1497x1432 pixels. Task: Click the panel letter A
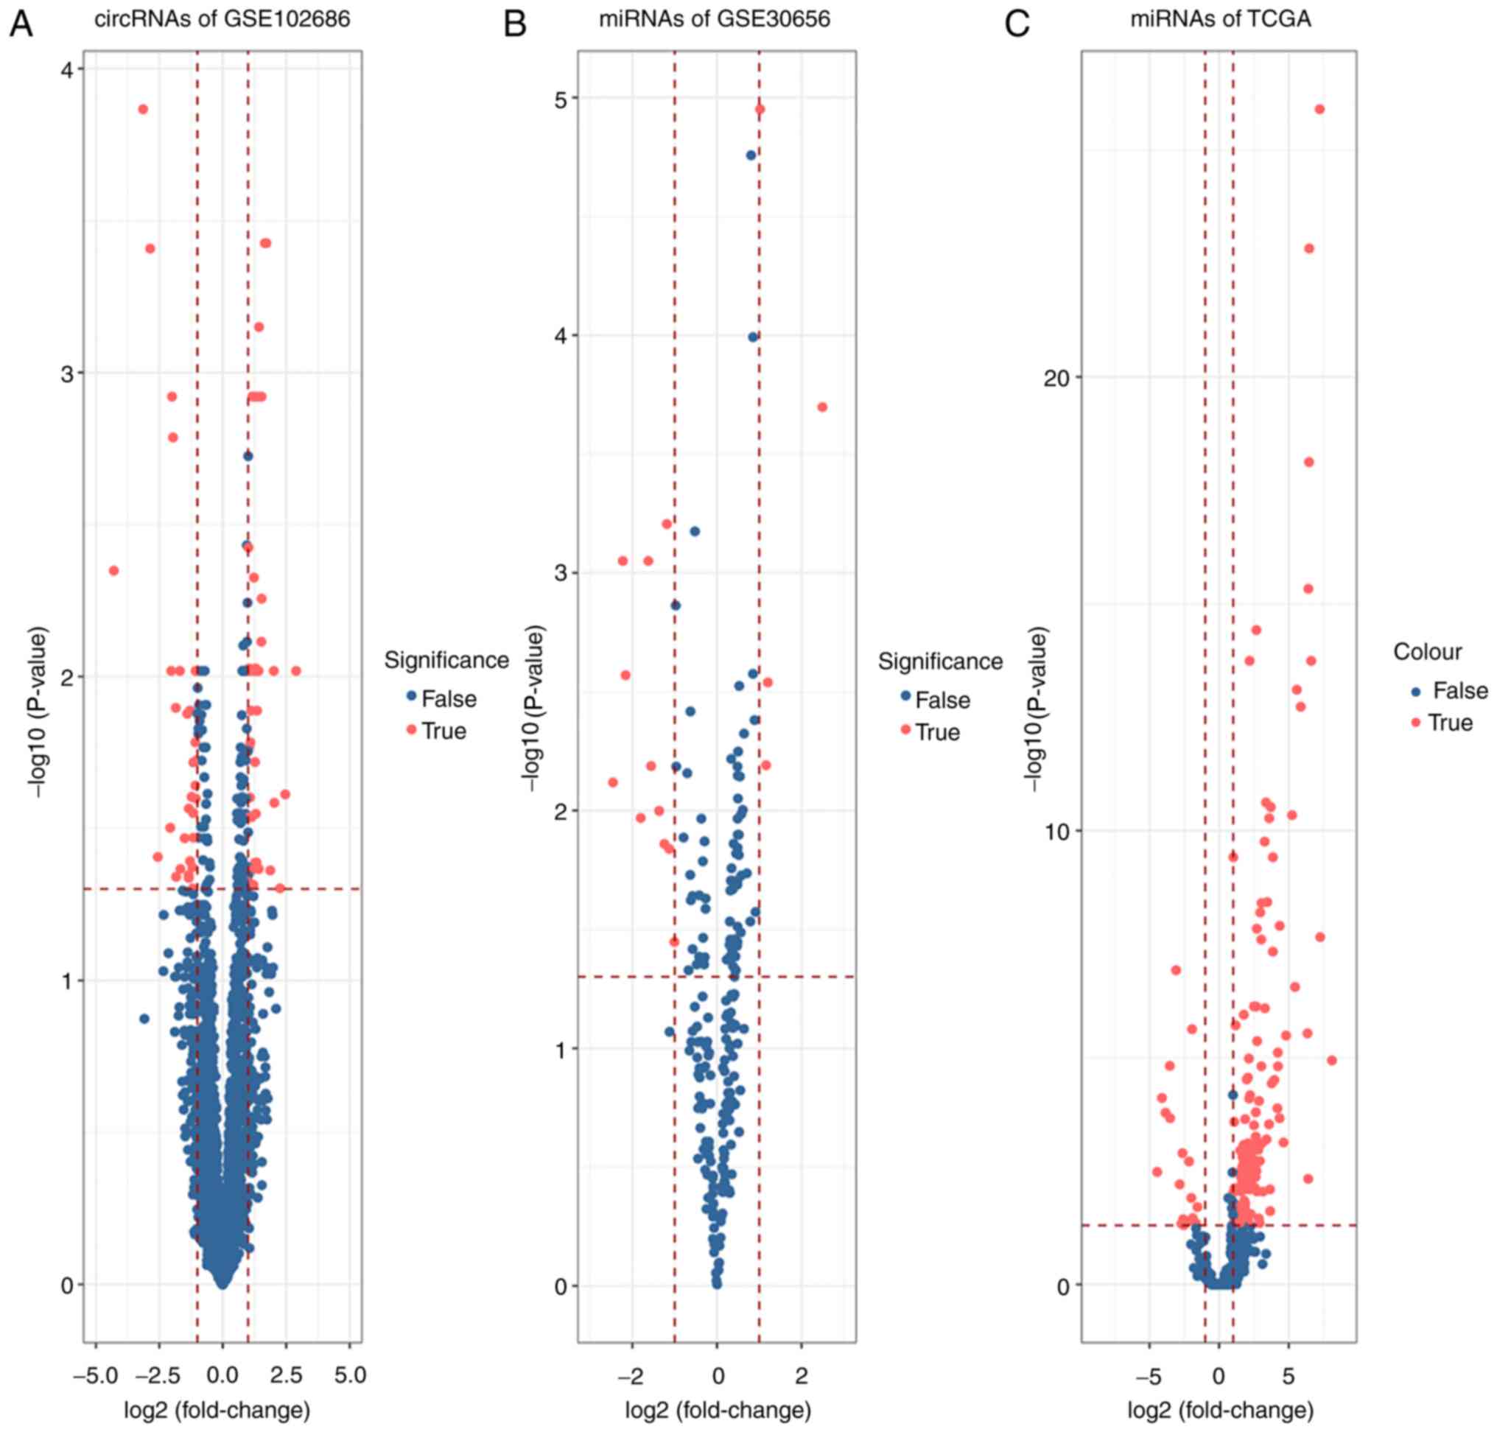pyautogui.click(x=21, y=24)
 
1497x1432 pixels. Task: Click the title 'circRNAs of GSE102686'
pyautogui.click(x=222, y=19)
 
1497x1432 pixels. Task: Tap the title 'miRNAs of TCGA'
pyautogui.click(x=1221, y=19)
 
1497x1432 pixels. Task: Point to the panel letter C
pyautogui.click(x=1017, y=24)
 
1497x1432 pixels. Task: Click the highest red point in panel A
pyautogui.click(x=143, y=109)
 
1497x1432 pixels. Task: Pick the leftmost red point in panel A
pyautogui.click(x=114, y=570)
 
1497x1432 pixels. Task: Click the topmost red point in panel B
pyautogui.click(x=760, y=109)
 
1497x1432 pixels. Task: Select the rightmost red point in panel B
pyautogui.click(x=822, y=407)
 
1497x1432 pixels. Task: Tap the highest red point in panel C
pyautogui.click(x=1319, y=109)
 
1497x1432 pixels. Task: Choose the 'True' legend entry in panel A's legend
pyautogui.click(x=444, y=731)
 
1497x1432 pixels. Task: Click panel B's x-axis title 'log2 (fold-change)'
pyautogui.click(x=718, y=1410)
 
